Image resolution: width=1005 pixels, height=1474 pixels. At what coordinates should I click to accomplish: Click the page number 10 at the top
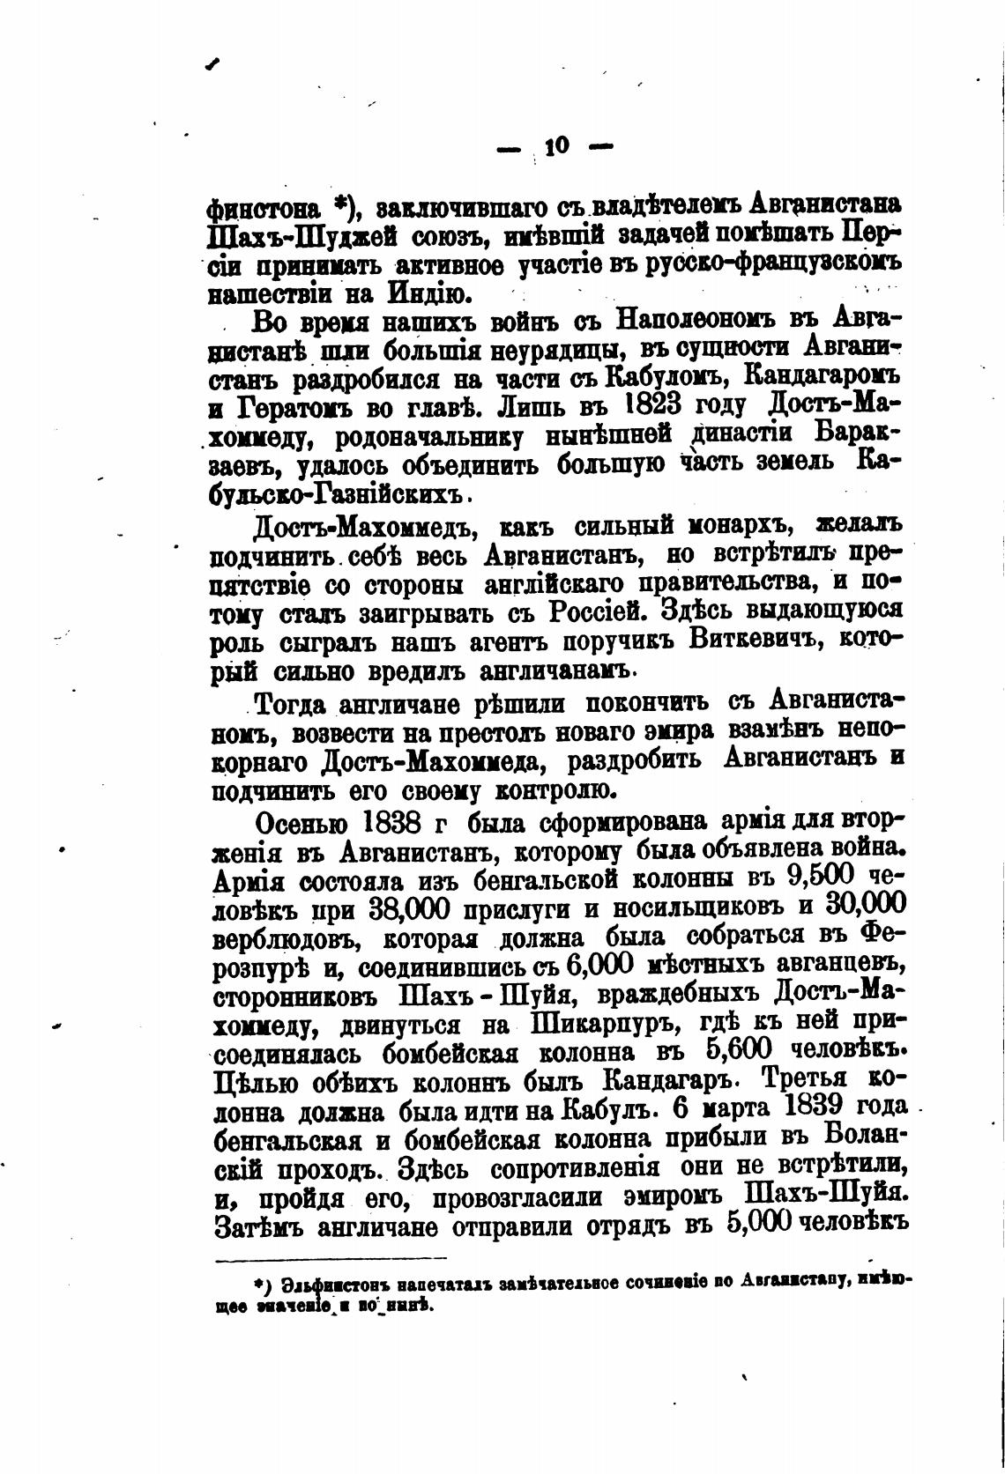tap(557, 146)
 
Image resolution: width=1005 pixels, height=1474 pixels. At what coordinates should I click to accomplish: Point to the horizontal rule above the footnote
tap(331, 1257)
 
